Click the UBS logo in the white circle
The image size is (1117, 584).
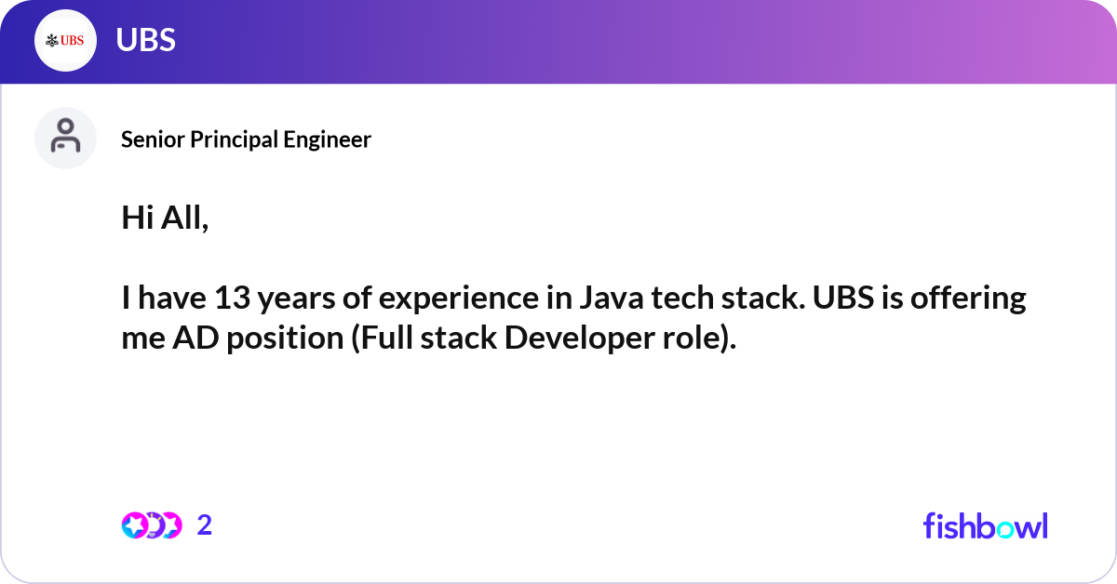coord(65,40)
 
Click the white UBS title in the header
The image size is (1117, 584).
coord(145,40)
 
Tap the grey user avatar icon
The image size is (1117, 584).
coord(65,138)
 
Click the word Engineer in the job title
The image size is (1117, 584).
coord(330,139)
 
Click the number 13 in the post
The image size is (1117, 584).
coord(230,299)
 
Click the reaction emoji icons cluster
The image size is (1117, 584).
coord(151,525)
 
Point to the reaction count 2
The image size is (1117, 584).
coord(205,525)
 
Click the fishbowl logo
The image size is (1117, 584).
coord(985,525)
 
